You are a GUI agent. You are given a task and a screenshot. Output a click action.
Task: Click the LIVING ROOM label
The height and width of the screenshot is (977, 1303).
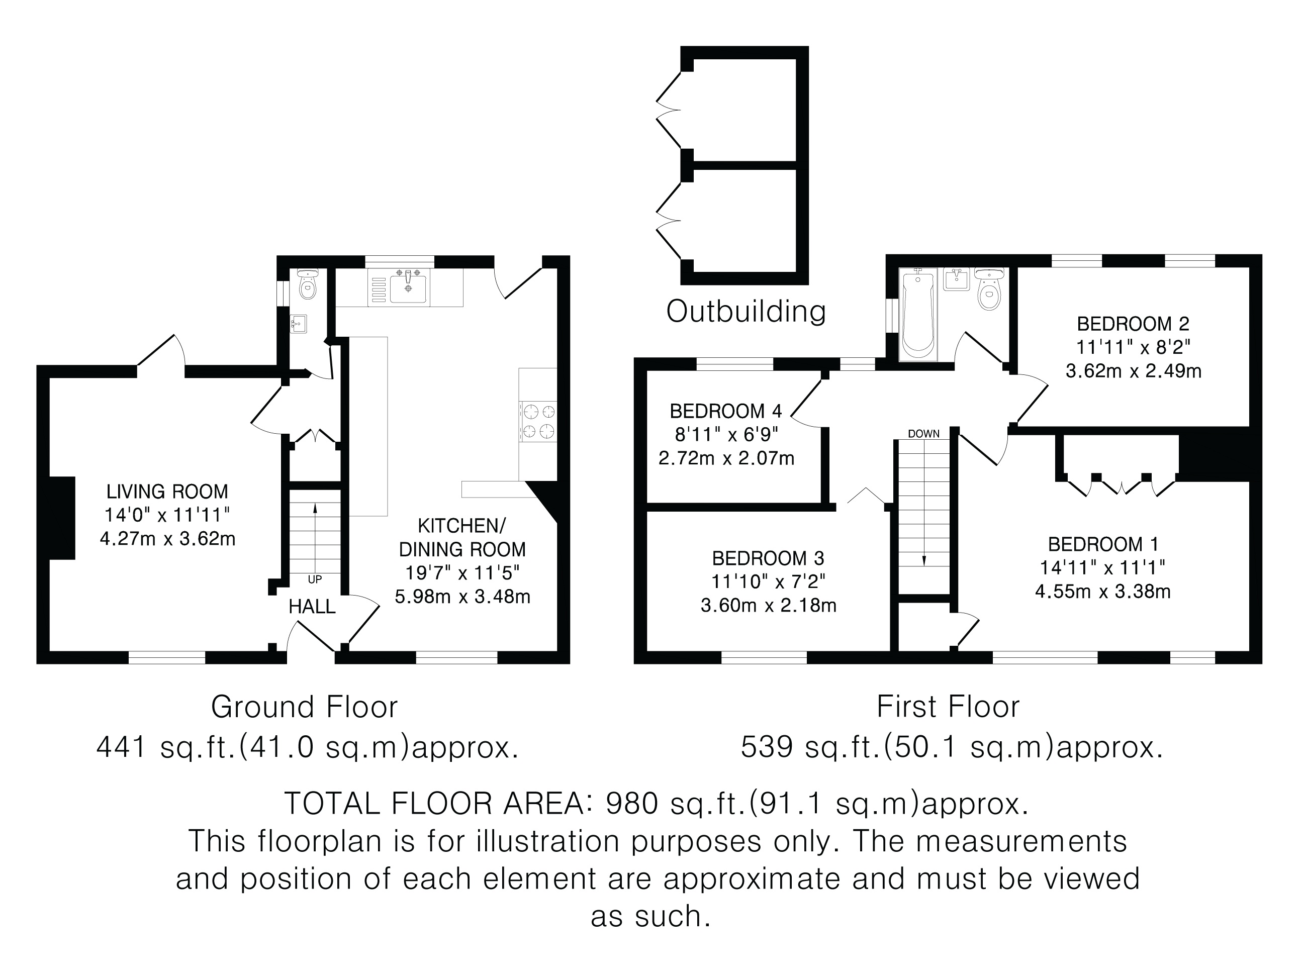tap(167, 491)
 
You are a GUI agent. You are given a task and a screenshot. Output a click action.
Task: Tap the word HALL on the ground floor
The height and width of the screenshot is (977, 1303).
tap(312, 606)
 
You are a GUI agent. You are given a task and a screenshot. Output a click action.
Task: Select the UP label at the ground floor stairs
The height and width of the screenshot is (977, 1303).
tap(315, 579)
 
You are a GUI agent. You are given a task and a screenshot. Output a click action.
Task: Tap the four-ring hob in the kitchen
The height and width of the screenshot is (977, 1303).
tap(538, 421)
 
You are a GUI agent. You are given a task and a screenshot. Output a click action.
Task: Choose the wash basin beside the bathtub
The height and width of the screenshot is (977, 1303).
tap(957, 279)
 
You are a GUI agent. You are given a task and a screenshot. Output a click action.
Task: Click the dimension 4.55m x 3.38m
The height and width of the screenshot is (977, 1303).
tap(1103, 591)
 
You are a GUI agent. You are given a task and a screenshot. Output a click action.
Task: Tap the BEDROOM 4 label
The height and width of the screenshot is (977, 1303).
tap(726, 411)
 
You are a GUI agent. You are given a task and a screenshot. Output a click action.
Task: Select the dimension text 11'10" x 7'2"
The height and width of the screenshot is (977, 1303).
tap(768, 582)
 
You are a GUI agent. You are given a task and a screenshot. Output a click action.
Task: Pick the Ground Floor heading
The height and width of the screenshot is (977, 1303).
tap(305, 707)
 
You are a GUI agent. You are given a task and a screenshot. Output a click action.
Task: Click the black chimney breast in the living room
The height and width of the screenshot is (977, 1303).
tap(62, 518)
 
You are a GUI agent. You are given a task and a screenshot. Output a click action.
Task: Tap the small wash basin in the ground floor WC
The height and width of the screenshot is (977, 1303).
tap(298, 323)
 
